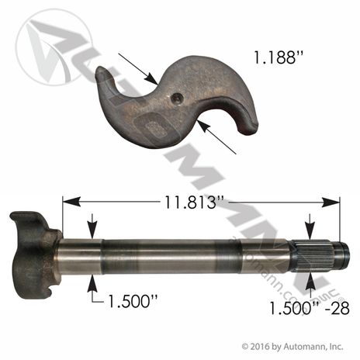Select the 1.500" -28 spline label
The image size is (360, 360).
point(310,308)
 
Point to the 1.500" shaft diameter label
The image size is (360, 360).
point(133,301)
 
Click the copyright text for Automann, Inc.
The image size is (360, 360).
point(292,346)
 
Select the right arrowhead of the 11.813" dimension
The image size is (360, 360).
point(331,202)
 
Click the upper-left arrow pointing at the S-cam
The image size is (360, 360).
point(138,69)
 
